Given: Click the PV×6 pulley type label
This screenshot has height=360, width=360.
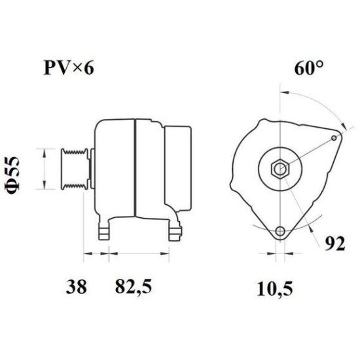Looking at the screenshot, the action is click(x=69, y=68).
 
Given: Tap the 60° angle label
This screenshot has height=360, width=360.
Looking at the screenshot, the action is click(x=309, y=68).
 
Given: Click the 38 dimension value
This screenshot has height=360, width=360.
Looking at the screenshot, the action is click(x=76, y=287).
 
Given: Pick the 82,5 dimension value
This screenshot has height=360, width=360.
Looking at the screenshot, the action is click(x=134, y=287).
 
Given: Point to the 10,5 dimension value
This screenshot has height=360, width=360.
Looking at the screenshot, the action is click(x=275, y=289).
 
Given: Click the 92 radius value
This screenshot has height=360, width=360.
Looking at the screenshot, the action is click(x=335, y=243).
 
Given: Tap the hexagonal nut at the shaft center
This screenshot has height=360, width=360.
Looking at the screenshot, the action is click(x=280, y=169).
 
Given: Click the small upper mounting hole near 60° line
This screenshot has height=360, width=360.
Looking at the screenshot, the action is click(x=334, y=137).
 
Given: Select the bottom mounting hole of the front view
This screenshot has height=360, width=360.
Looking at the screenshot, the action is click(x=280, y=230).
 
